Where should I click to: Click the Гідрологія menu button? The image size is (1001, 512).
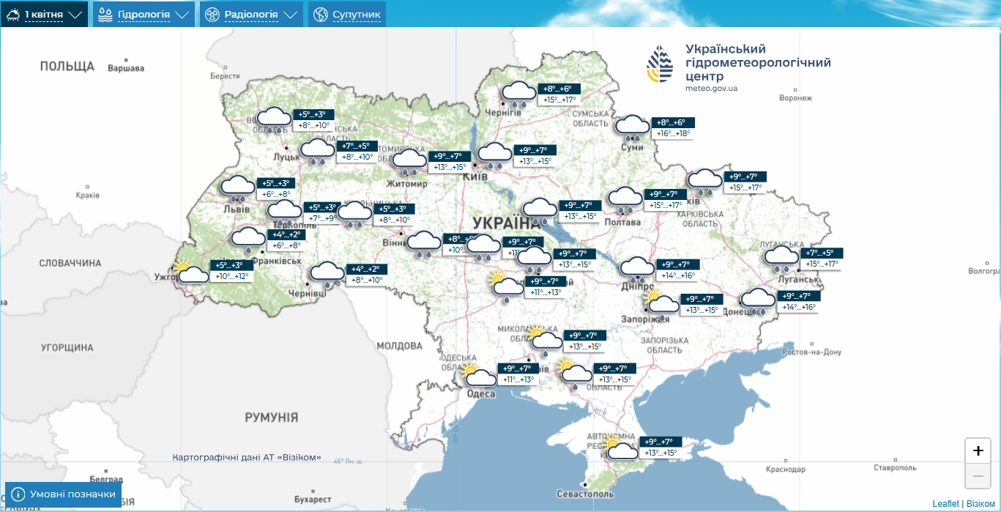pyautogui.click(x=144, y=15)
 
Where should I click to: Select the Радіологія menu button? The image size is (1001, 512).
pyautogui.click(x=251, y=15)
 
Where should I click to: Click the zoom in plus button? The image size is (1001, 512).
pyautogui.click(x=978, y=450)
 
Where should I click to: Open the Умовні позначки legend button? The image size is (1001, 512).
pyautogui.click(x=64, y=494)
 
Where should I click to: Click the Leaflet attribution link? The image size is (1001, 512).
pyautogui.click(x=945, y=504)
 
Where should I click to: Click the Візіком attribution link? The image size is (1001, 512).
pyautogui.click(x=980, y=504)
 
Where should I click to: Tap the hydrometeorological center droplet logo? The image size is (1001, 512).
pyautogui.click(x=660, y=64)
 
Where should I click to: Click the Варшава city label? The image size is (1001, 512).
pyautogui.click(x=126, y=69)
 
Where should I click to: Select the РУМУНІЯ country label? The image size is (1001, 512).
pyautogui.click(x=272, y=418)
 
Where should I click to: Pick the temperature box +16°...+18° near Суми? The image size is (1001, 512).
pyautogui.click(x=672, y=133)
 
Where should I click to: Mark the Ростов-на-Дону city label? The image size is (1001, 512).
pyautogui.click(x=812, y=352)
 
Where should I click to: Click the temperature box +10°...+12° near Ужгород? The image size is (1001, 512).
pyautogui.click(x=232, y=276)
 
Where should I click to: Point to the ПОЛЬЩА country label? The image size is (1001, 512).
pyautogui.click(x=67, y=67)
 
